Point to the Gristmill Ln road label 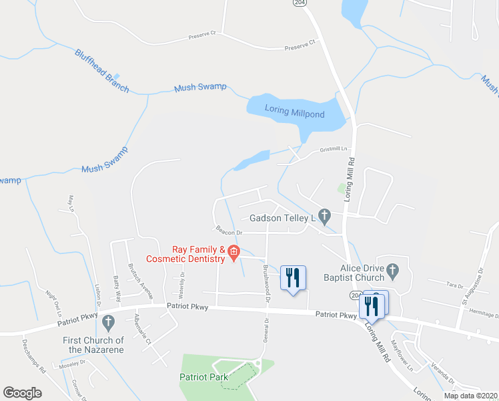coord(334,150)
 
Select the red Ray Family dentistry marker coord(233,253)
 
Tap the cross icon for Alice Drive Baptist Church coord(392,271)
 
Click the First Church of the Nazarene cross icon coord(107,323)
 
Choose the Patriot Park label coord(203,377)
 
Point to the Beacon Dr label coord(227,232)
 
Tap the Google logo coord(22,393)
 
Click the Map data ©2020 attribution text coord(470,396)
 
